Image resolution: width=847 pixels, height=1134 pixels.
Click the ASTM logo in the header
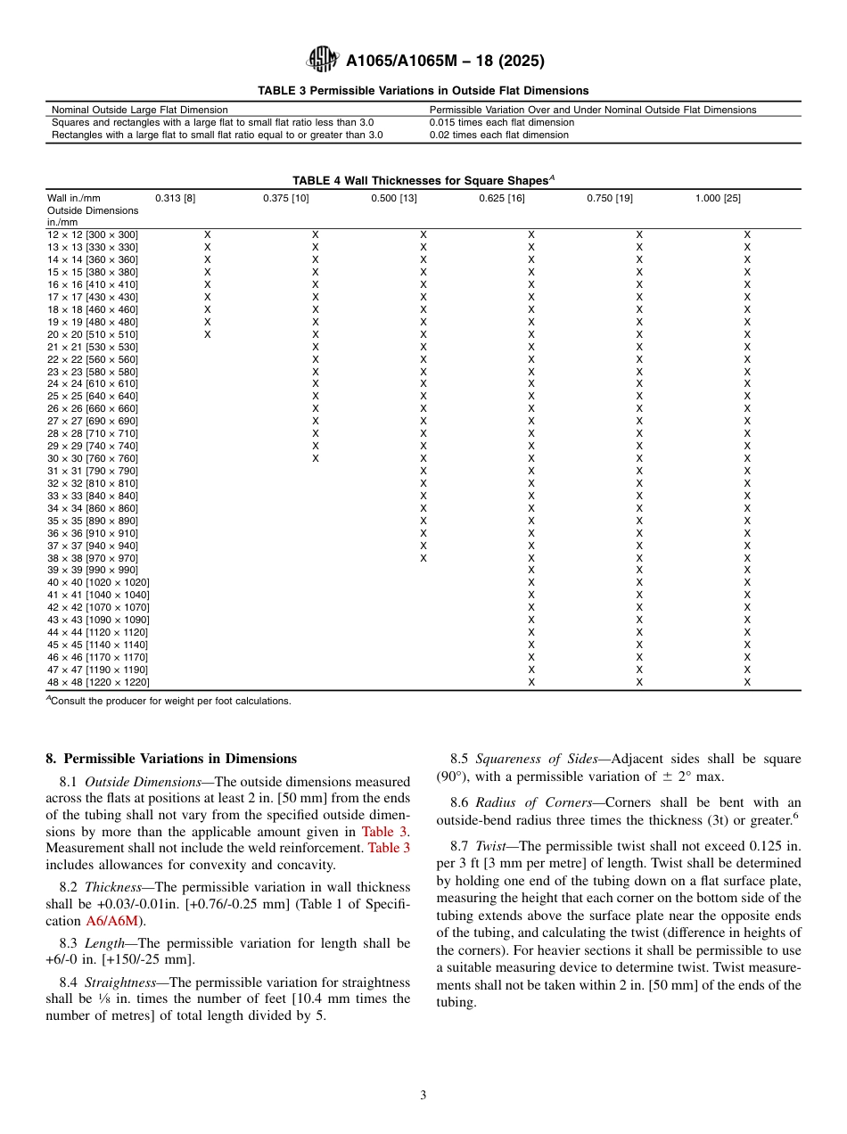click(x=322, y=60)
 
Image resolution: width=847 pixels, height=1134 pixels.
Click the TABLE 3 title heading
click(x=423, y=91)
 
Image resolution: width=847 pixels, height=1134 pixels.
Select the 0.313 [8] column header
click(x=175, y=198)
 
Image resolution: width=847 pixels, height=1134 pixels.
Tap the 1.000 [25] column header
click(x=717, y=198)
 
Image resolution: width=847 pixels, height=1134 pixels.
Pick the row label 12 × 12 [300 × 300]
click(x=92, y=234)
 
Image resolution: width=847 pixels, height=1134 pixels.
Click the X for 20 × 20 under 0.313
click(x=208, y=334)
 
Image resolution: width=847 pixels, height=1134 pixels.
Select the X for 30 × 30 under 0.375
click(x=315, y=458)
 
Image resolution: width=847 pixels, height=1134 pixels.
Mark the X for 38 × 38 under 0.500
click(x=423, y=558)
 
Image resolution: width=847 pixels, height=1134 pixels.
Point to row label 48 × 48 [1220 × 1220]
click(x=98, y=682)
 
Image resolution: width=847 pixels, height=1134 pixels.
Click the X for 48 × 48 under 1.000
click(x=747, y=682)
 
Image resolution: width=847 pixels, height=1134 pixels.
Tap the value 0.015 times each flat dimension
click(x=501, y=122)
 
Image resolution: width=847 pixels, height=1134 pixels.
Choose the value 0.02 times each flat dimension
click(x=498, y=135)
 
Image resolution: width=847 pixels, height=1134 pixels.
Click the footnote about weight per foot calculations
click(x=169, y=701)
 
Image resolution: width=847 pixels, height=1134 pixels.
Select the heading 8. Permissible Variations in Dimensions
click(x=170, y=760)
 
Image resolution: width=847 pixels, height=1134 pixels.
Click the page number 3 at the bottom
click(x=423, y=1096)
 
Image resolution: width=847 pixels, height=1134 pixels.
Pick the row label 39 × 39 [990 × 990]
click(x=92, y=570)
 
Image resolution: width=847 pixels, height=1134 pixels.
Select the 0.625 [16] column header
click(x=501, y=198)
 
